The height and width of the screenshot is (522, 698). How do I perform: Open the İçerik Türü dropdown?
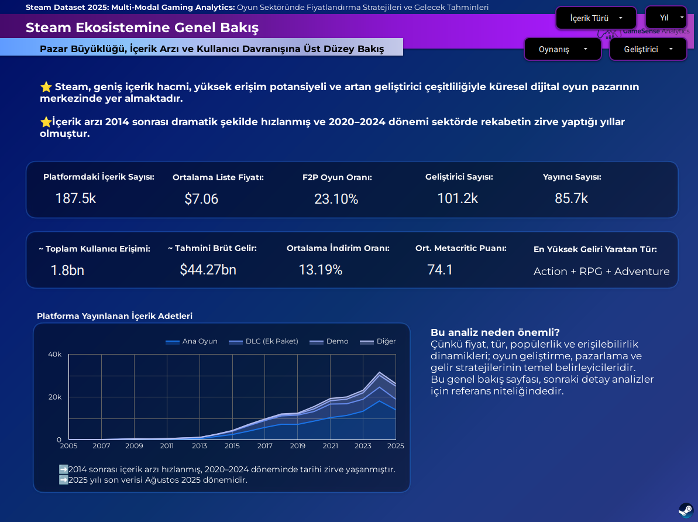click(596, 18)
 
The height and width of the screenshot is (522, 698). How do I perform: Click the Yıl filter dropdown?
click(666, 18)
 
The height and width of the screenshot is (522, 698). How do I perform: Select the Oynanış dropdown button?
click(562, 49)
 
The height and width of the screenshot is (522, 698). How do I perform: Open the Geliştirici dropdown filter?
click(648, 49)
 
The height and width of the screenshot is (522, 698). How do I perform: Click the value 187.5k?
click(75, 198)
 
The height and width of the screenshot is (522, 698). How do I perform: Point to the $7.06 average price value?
click(201, 199)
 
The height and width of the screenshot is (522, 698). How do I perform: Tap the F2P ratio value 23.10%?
click(336, 199)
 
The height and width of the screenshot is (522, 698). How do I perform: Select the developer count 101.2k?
click(458, 198)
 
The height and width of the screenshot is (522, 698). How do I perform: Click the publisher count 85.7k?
click(571, 198)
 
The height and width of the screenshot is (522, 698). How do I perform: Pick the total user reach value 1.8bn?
click(67, 270)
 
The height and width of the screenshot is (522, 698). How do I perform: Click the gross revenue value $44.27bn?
click(208, 270)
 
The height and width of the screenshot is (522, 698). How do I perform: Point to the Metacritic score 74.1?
click(440, 270)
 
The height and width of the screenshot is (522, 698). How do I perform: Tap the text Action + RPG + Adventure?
click(601, 272)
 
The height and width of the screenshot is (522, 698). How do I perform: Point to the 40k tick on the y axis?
click(54, 354)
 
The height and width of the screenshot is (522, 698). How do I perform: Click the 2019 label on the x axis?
click(297, 446)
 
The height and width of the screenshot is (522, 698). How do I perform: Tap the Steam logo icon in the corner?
click(686, 510)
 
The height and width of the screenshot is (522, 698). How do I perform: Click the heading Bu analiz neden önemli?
click(495, 332)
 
